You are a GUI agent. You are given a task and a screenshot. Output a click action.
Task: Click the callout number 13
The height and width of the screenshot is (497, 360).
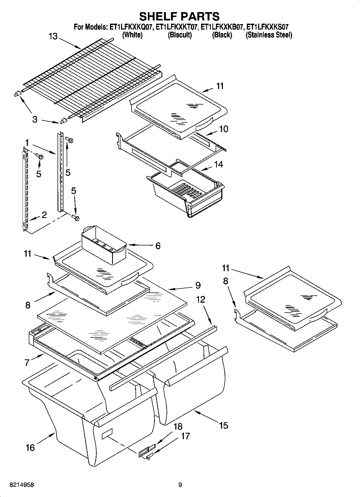pos(53,36)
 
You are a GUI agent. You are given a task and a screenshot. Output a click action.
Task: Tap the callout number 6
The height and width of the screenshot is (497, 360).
pos(158,246)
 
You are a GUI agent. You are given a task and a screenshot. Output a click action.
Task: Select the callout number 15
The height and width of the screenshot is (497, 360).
pos(223,426)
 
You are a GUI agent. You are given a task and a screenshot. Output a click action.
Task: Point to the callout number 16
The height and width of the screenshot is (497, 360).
pos(30,448)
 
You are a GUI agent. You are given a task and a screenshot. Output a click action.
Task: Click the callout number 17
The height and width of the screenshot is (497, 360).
pos(186,436)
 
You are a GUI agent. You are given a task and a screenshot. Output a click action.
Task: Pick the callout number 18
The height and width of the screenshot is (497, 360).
pos(178,427)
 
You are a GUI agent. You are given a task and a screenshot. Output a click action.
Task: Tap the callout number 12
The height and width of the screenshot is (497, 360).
pos(201,299)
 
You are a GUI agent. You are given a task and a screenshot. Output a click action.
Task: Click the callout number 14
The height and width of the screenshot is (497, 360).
pos(219,164)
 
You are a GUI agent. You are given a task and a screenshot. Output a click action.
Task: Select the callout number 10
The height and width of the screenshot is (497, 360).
pos(223,129)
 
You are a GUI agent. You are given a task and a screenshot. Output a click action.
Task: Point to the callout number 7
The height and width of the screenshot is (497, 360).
pos(27,363)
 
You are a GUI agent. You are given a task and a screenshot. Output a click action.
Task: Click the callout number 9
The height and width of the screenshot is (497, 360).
pos(198,285)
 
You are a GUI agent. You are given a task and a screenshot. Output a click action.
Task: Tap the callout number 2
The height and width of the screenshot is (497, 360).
pos(44,214)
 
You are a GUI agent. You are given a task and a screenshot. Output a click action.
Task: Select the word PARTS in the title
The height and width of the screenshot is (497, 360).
pos(199,16)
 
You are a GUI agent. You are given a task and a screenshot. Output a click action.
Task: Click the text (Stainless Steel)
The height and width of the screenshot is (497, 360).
pos(269,35)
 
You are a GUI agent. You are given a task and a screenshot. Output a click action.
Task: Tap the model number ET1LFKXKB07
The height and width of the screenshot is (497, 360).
pos(222,27)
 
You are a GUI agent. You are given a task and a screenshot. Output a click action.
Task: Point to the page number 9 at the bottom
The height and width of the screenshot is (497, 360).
pos(180,485)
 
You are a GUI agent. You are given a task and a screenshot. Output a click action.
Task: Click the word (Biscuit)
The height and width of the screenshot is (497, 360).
pos(180,35)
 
